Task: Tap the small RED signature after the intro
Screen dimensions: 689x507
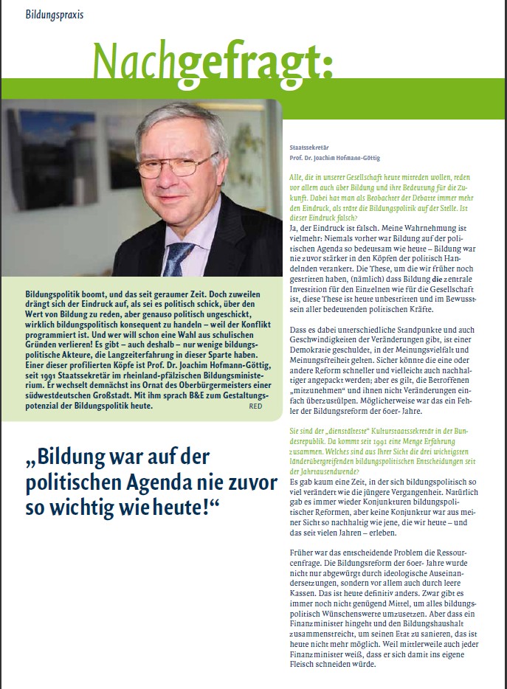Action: click(255, 406)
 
